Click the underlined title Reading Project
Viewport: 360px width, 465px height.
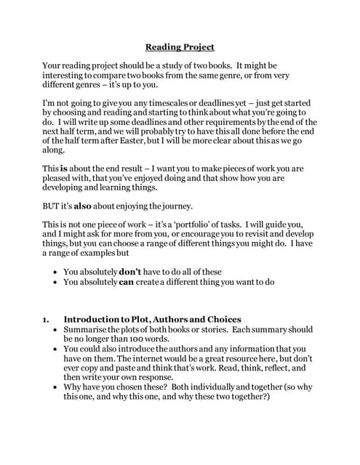tap(180, 47)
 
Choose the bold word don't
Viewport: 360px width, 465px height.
tap(134, 272)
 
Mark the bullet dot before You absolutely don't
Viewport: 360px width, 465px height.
tap(56, 272)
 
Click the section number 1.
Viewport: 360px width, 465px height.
tap(46, 319)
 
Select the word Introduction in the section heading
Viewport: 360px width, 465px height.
tap(93, 319)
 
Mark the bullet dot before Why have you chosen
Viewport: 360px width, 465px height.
tap(56, 387)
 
